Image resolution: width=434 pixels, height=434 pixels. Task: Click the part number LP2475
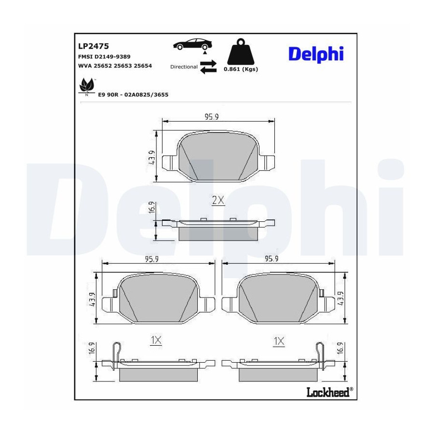(94, 46)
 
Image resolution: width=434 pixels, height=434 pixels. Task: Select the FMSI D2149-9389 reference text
(104, 57)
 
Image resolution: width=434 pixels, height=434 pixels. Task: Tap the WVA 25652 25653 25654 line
(115, 66)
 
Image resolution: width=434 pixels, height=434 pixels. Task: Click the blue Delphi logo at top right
(316, 54)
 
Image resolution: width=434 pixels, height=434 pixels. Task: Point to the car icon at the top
(192, 45)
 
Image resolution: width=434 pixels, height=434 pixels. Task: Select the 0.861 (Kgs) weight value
(241, 69)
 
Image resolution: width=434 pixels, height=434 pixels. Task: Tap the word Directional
(184, 67)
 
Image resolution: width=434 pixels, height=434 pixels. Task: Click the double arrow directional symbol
(208, 67)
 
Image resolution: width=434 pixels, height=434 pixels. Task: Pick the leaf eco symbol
(87, 86)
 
